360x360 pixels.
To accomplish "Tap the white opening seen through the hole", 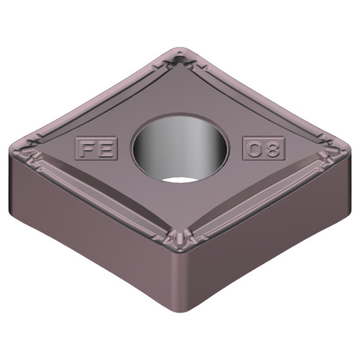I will (x=180, y=178).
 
